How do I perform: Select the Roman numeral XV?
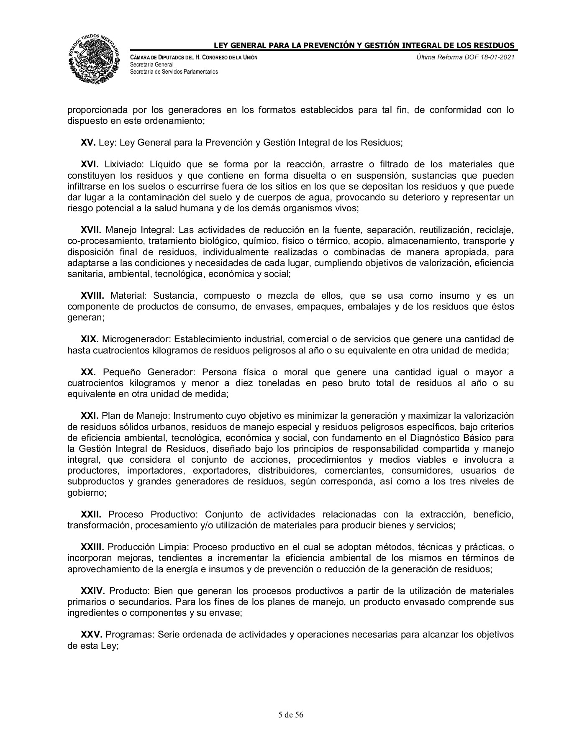88,143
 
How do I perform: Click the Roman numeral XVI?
90,164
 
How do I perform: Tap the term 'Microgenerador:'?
137,339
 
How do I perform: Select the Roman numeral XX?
89,372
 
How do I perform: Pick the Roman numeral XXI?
90,416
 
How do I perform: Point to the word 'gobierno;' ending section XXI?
87,493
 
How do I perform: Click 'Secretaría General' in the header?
149,64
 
